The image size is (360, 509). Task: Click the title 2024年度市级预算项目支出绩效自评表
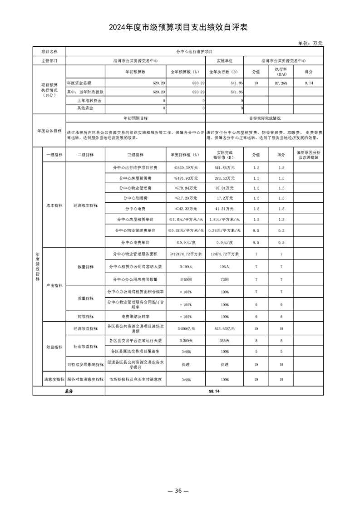coord(180,28)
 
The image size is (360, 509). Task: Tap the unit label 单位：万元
coord(310,43)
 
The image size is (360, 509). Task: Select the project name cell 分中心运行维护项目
coord(194,52)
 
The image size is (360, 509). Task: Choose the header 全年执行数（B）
coord(224,72)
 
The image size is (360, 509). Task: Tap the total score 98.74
coord(214,391)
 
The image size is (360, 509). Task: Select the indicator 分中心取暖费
coord(135,198)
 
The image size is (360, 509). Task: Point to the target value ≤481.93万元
coord(185,178)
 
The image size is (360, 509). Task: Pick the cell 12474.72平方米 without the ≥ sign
coord(224,255)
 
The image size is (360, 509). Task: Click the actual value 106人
coord(224,266)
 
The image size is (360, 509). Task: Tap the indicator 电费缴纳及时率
coord(135,316)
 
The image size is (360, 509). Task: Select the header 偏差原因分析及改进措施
coord(309,155)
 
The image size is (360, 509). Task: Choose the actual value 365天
coord(224,340)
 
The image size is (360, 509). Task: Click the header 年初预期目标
coord(135,118)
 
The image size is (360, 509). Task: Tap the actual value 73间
coord(224,278)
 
